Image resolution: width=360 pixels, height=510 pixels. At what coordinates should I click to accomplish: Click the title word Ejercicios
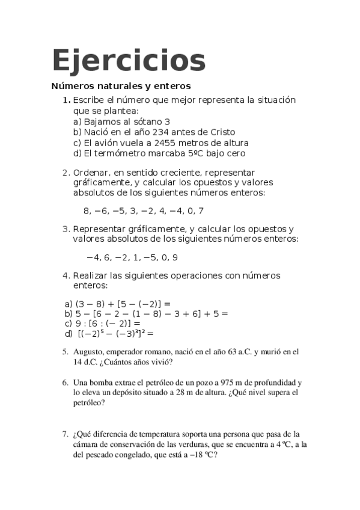[129, 60]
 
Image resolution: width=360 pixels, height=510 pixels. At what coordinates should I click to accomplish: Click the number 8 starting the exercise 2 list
[87, 211]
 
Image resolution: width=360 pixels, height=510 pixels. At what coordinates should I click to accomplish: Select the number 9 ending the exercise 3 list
[175, 257]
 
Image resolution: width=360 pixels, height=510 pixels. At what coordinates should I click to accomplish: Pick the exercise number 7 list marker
[65, 433]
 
